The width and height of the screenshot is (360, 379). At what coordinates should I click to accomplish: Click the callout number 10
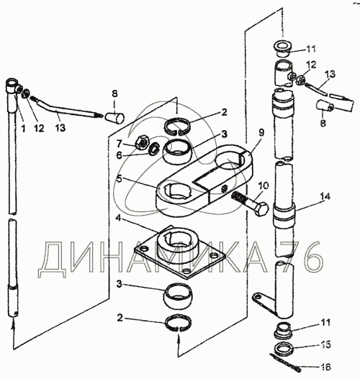pos(264,186)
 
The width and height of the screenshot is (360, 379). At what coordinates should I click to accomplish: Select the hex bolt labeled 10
pos(251,202)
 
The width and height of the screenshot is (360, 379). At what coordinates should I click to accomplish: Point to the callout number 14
pos(325,197)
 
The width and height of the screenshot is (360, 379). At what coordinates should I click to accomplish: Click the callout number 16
pos(326,367)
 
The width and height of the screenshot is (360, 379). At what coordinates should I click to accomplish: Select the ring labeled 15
pos(284,349)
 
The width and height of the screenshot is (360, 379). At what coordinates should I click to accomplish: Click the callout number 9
pos(261,132)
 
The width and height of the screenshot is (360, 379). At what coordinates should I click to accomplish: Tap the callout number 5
pos(120,179)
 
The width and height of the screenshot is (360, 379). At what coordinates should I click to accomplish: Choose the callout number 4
pos(118,218)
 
